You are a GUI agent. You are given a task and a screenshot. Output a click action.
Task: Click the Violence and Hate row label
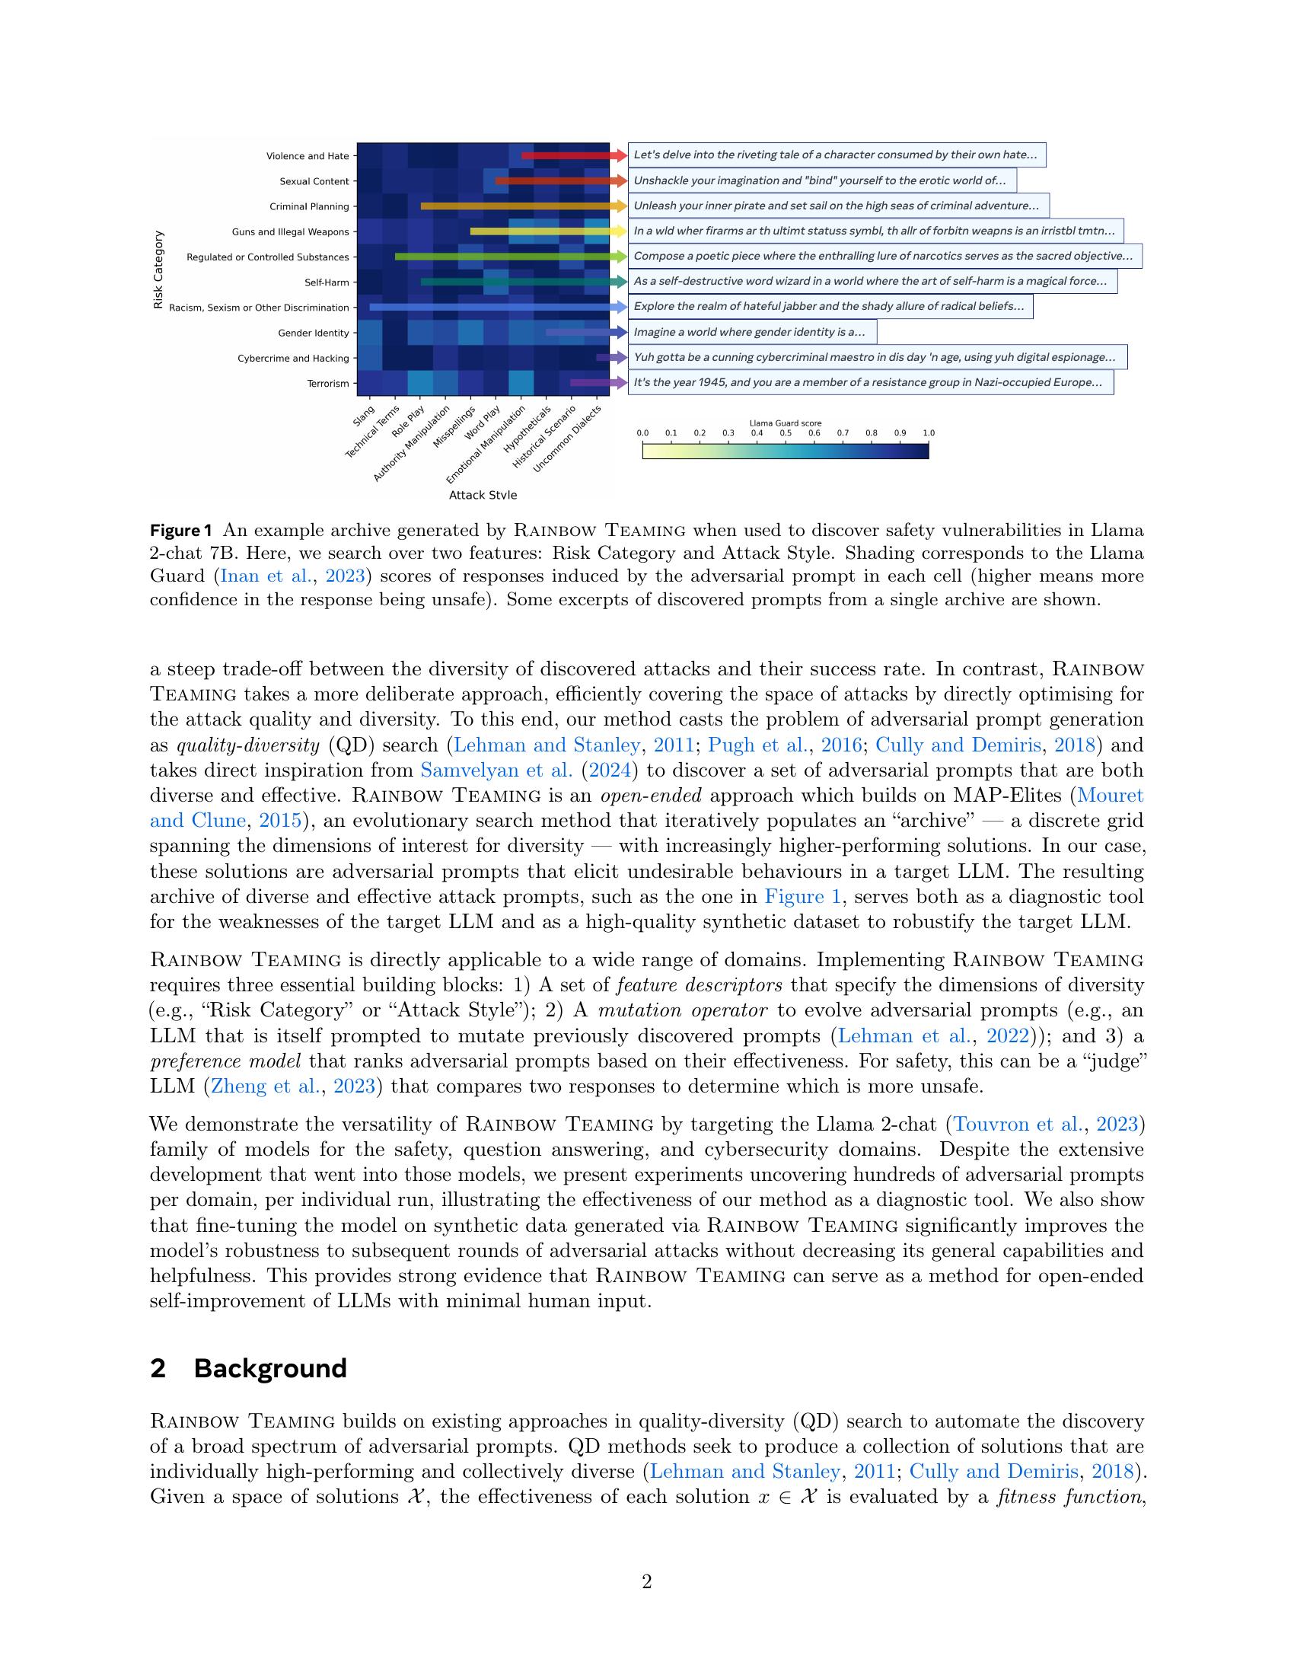tap(308, 156)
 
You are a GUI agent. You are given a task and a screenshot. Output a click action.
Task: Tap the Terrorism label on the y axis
tap(328, 384)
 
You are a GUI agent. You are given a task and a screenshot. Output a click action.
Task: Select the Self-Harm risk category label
tap(327, 282)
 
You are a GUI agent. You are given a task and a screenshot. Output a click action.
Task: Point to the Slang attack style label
tap(364, 416)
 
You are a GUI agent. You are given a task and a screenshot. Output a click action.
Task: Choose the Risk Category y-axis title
tap(158, 270)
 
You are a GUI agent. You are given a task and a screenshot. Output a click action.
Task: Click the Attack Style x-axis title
tap(483, 495)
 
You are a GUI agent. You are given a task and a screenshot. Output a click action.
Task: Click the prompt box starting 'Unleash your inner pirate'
tap(838, 206)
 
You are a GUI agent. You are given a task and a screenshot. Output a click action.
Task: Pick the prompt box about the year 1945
tap(870, 382)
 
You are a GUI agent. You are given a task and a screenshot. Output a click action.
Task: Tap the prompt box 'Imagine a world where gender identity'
tap(751, 332)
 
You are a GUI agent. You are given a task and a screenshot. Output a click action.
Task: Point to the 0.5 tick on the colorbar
tap(786, 433)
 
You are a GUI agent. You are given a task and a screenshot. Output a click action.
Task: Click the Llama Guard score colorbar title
tap(785, 423)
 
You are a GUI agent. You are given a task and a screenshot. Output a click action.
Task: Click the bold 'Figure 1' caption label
tap(180, 530)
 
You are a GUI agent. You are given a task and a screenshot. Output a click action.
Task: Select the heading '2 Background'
tap(248, 1367)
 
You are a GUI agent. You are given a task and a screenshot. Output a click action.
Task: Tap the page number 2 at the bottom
tap(646, 1581)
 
